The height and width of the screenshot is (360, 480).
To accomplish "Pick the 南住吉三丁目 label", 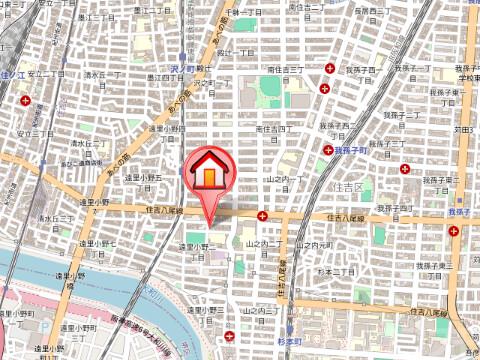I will pos(285,70).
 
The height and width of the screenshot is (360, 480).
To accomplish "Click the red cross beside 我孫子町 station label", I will pos(327,149).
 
